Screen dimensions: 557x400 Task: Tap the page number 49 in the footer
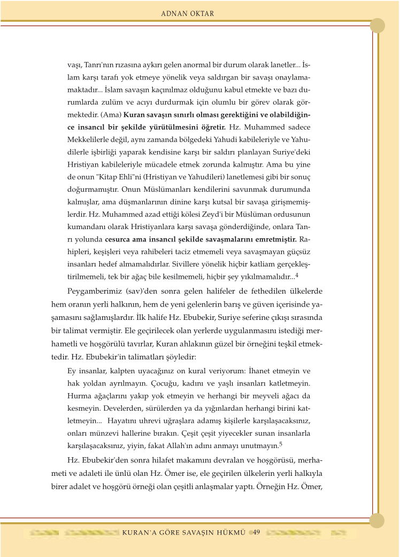(256, 532)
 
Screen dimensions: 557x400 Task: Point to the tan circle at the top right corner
(378, 25)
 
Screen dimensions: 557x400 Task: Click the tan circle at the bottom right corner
(377, 520)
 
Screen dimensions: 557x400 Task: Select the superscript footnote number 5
(281, 443)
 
